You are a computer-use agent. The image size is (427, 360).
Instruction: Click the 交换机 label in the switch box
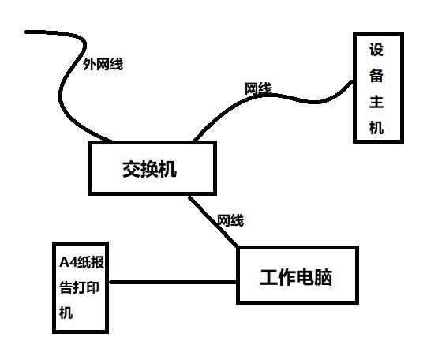pyautogui.click(x=149, y=170)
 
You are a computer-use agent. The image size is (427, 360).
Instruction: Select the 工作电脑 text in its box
pyautogui.click(x=296, y=277)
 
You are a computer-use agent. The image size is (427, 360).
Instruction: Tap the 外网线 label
pyautogui.click(x=103, y=64)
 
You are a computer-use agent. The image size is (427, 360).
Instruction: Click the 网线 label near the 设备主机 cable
pyautogui.click(x=258, y=88)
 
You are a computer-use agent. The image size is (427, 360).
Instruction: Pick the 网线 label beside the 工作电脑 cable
pyautogui.click(x=230, y=220)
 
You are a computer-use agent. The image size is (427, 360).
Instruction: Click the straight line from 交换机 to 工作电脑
pyautogui.click(x=213, y=221)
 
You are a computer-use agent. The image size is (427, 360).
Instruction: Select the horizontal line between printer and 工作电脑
pyautogui.click(x=173, y=282)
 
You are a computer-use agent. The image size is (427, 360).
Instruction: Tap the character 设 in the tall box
pyautogui.click(x=376, y=50)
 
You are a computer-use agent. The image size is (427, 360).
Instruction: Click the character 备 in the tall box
pyautogui.click(x=376, y=76)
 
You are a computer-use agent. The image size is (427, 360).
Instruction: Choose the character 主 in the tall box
pyautogui.click(x=376, y=102)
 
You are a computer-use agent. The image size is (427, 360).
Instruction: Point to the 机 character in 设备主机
pyautogui.click(x=376, y=127)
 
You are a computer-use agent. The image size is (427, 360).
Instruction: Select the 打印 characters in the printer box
pyautogui.click(x=86, y=287)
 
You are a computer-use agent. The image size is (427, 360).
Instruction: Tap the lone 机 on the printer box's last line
pyautogui.click(x=66, y=313)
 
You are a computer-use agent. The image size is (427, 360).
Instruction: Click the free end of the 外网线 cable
pyautogui.click(x=26, y=32)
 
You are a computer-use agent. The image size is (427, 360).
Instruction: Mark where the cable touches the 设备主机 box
pyautogui.click(x=353, y=81)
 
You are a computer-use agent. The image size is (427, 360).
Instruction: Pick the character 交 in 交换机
pyautogui.click(x=131, y=170)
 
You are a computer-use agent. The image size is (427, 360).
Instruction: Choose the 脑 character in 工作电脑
pyautogui.click(x=324, y=277)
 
